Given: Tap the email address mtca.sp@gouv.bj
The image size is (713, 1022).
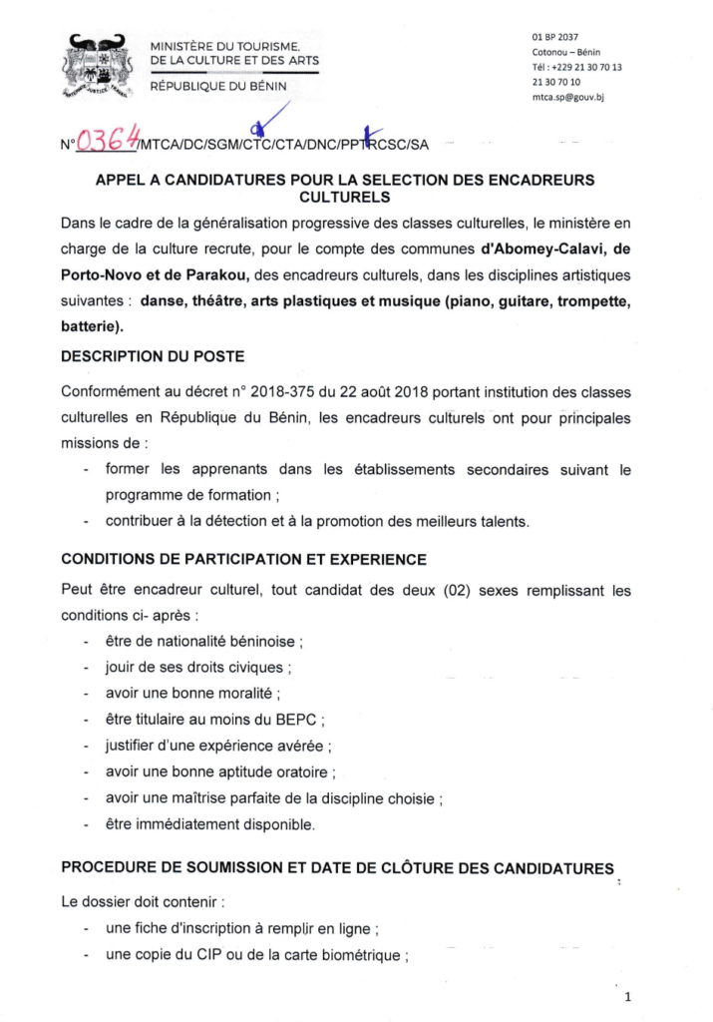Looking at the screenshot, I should point(569,98).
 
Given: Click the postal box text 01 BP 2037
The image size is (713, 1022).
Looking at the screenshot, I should point(555,38).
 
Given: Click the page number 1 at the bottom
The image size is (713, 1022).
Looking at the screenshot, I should point(626,996).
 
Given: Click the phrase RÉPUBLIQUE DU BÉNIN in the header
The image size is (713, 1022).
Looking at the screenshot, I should point(217,87).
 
